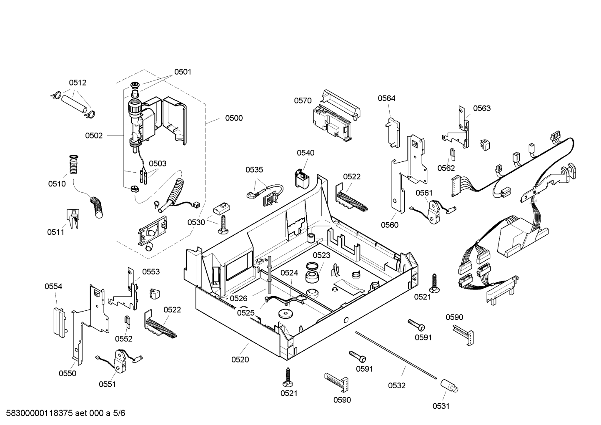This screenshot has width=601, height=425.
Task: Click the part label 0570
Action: (x=303, y=101)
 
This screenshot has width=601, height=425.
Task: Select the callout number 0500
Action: (x=234, y=118)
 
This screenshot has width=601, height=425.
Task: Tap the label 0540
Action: (x=306, y=153)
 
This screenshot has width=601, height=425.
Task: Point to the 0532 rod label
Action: (x=396, y=385)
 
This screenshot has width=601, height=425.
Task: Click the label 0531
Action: (x=441, y=406)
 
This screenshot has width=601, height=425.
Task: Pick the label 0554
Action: (x=53, y=287)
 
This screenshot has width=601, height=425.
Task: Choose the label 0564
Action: (x=386, y=98)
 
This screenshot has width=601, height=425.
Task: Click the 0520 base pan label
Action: (x=240, y=360)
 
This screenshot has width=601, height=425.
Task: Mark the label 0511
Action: (x=55, y=232)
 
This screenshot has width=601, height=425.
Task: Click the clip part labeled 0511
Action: (x=73, y=219)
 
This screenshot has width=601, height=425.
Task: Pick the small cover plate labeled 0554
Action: (x=60, y=322)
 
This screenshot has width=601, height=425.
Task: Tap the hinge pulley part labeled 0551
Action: (x=120, y=361)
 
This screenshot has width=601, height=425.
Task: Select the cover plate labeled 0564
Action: (x=393, y=132)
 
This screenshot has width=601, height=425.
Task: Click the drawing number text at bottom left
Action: (x=65, y=413)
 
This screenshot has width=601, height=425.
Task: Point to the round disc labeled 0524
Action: (x=285, y=314)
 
